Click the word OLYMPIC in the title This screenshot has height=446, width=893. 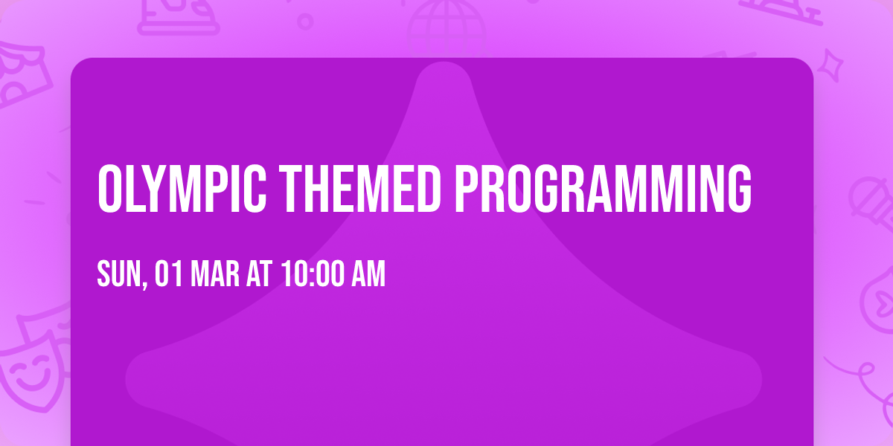(182, 189)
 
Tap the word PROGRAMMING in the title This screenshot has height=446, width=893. (604, 189)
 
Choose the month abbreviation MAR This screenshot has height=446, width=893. (215, 274)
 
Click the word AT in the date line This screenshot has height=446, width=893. (259, 274)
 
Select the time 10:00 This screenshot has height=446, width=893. (313, 274)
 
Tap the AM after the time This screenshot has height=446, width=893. (368, 274)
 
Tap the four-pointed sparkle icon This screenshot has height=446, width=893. (830, 65)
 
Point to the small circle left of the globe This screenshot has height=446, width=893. (305, 22)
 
